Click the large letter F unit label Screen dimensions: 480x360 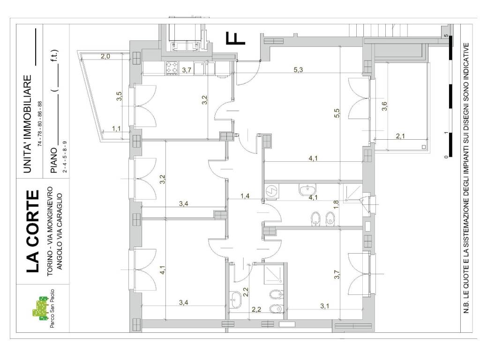point(235,38)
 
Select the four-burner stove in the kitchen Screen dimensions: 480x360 point(172,68)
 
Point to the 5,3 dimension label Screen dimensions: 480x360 point(298,69)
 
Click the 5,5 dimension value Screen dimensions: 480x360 point(337,113)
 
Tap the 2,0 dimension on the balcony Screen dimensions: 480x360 point(105,56)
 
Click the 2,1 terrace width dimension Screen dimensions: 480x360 point(400,136)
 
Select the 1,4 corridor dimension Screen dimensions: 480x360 point(245,196)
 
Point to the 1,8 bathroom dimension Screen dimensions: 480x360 point(336,204)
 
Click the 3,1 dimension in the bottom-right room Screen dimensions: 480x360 point(325,306)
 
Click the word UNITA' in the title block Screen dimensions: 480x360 point(28,154)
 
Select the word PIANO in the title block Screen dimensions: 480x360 point(54,160)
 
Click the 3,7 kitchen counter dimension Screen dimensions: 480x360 point(187,70)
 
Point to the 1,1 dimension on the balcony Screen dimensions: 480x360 point(116,128)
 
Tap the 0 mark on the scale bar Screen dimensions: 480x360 point(446,157)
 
